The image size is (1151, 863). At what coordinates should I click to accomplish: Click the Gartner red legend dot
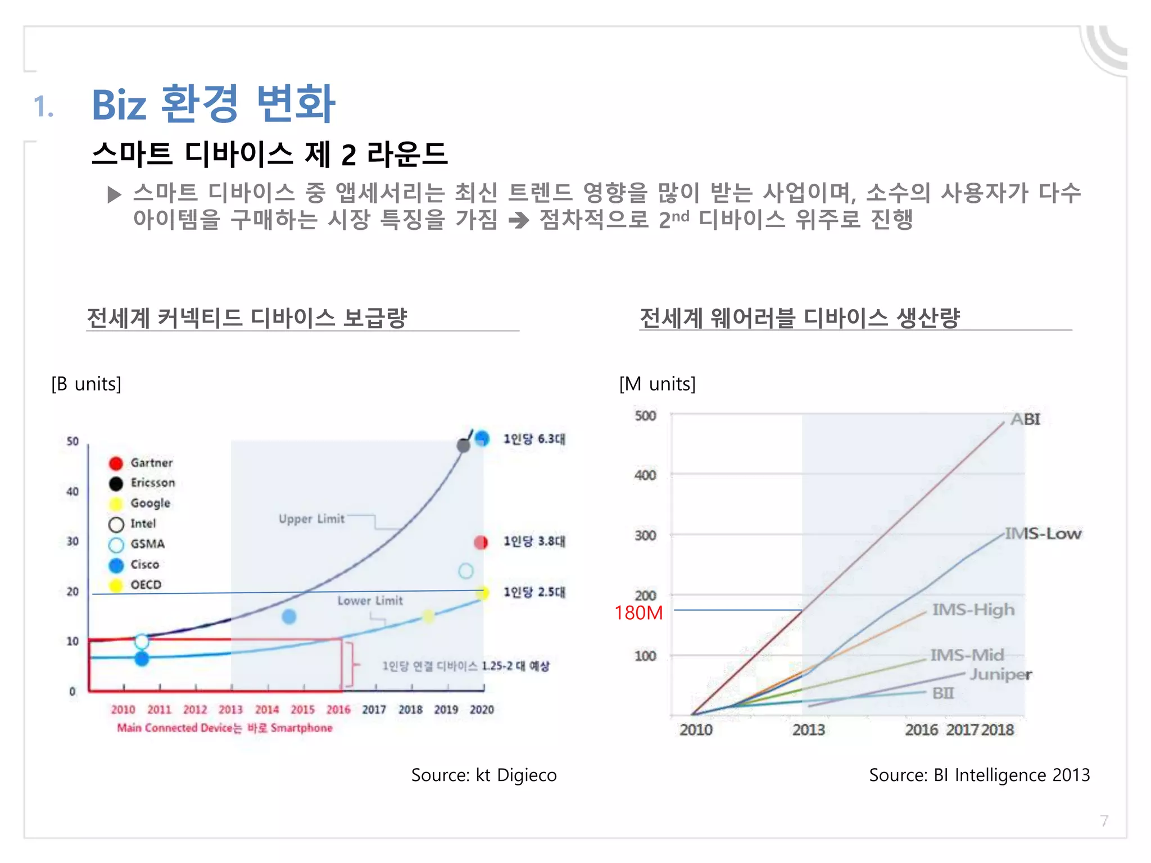click(116, 463)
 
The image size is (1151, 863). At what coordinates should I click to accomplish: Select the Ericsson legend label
click(152, 483)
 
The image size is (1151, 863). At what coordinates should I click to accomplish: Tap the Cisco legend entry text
click(144, 564)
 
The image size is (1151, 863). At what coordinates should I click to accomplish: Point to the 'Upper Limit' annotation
click(311, 519)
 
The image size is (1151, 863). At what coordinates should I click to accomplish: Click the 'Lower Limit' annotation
click(370, 601)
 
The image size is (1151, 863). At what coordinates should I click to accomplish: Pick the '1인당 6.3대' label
click(534, 439)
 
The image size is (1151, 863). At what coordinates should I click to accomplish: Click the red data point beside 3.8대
click(481, 542)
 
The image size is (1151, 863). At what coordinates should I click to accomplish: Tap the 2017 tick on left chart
click(374, 710)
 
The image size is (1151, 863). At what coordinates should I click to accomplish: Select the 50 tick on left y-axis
click(72, 441)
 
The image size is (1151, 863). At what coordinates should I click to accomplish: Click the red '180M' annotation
click(638, 612)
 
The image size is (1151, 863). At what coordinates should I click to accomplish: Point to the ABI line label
click(1025, 419)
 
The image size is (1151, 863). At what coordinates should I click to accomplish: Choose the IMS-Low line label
click(1043, 533)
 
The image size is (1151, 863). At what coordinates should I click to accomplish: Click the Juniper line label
click(1000, 674)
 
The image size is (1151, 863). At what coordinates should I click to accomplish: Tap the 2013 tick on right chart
click(808, 730)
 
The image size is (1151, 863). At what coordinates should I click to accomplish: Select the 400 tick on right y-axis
click(645, 475)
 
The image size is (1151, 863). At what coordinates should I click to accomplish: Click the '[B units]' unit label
click(86, 384)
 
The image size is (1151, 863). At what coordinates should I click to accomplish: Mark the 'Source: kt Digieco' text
click(483, 775)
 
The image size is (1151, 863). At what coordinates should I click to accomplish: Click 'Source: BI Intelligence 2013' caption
click(979, 775)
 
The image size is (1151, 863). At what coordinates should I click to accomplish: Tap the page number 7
click(1104, 821)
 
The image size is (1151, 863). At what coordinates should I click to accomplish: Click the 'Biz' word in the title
click(119, 105)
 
